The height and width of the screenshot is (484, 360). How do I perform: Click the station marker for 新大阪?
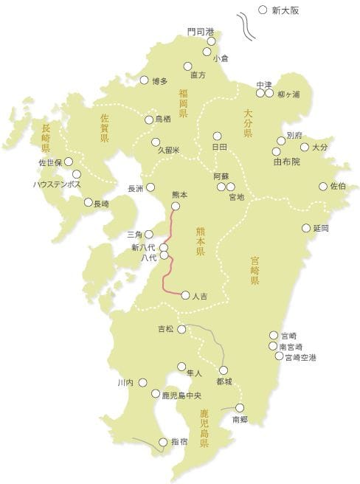263,10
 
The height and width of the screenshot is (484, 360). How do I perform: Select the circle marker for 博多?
145,80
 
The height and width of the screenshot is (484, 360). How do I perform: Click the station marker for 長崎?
89,201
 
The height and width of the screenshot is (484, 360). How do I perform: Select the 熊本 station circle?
176,206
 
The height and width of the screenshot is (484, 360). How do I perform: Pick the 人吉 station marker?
185,294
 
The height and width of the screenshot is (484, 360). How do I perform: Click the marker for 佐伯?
322,186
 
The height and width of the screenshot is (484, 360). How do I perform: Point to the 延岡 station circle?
306,228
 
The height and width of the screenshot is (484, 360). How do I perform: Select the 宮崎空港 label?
300,357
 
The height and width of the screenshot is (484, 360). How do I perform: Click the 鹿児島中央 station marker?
156,394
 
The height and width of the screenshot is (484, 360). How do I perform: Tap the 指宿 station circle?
163,442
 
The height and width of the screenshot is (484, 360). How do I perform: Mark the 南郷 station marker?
239,407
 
